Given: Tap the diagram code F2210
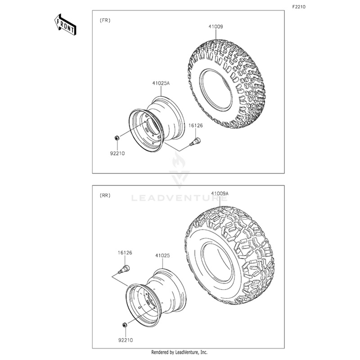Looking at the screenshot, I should point(298,7).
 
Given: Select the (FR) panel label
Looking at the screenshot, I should point(105,20).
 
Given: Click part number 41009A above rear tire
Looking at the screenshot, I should point(220,193).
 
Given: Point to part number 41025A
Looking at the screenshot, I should point(161,84).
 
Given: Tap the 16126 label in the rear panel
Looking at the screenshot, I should point(125,253).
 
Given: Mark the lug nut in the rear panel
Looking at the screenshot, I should point(123,324).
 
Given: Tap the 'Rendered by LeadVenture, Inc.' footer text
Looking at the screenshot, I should point(180,352).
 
